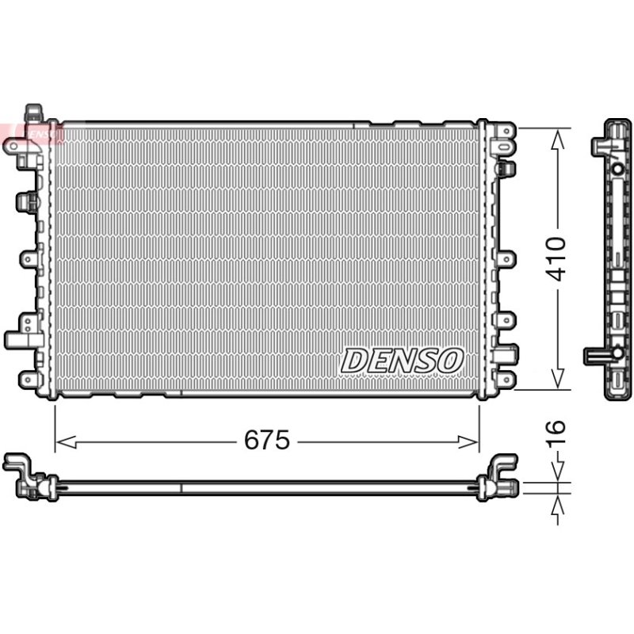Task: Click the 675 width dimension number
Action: pos(267,440)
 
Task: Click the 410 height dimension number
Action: pos(556,259)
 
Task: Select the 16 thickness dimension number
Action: pos(556,434)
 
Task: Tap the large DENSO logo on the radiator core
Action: pos(402,361)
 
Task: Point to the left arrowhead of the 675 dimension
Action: pos(66,442)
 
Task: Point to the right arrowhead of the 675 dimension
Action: pos(468,442)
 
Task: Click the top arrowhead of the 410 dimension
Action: pos(558,139)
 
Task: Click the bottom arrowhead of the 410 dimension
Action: pos(558,379)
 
